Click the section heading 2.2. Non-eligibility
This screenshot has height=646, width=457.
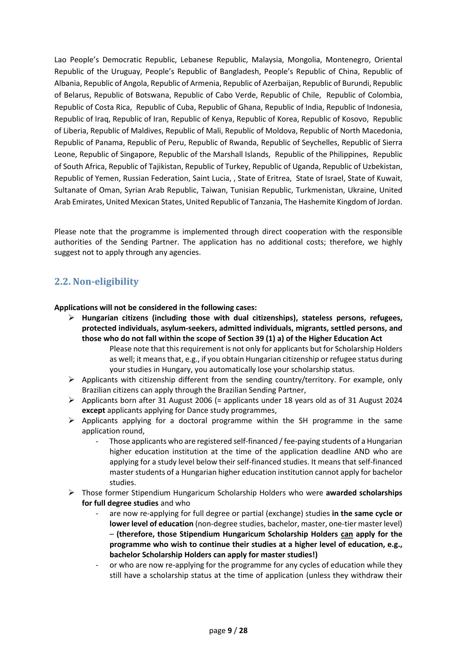pos(96,282)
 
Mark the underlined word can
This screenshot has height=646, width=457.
pos(347,534)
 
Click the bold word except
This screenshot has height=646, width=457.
pos(94,410)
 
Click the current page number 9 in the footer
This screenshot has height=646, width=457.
pos(230,631)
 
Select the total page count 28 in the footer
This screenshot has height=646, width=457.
pos(243,631)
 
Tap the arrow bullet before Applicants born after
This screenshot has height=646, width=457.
pos(72,400)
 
